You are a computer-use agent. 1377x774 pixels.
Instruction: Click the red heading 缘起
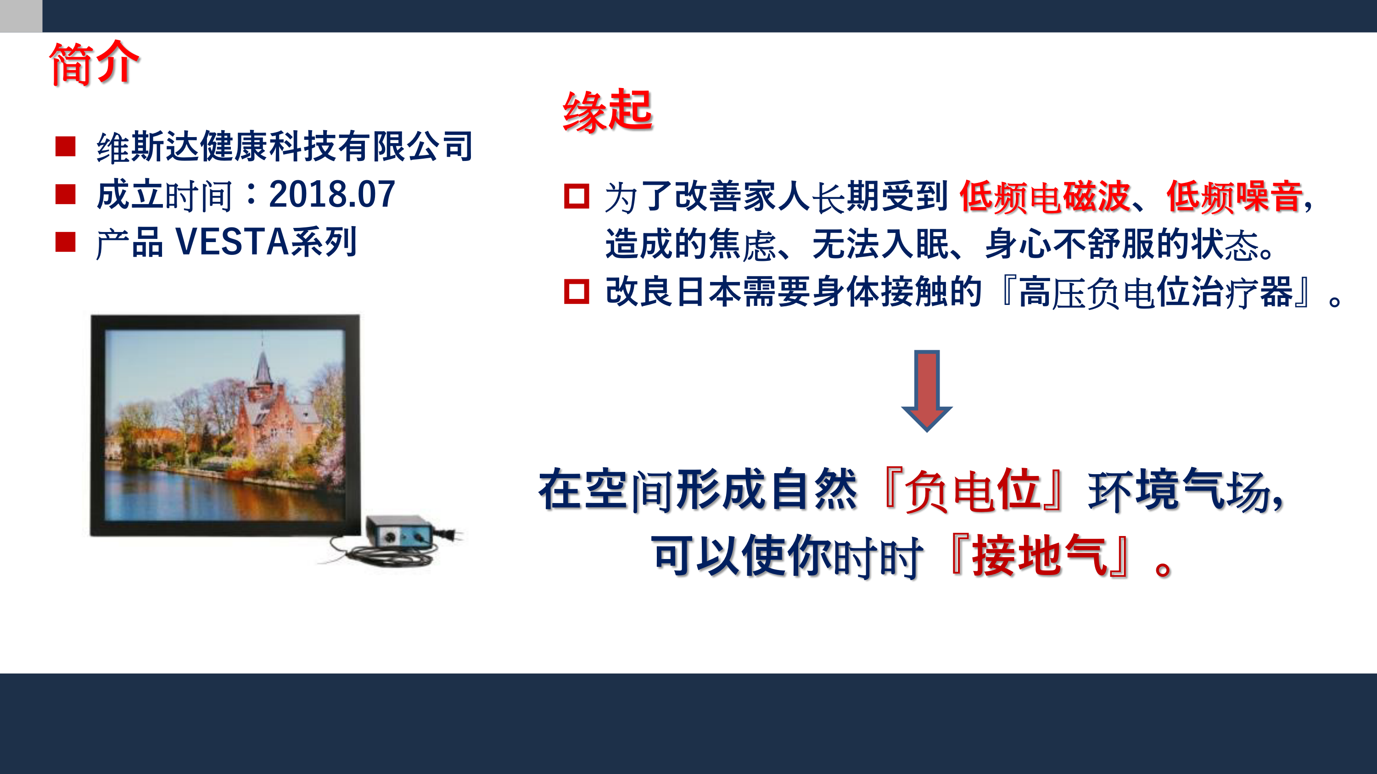point(607,111)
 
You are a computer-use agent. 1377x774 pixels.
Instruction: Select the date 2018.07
point(332,194)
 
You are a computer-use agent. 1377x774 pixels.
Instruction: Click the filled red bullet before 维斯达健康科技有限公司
point(65,146)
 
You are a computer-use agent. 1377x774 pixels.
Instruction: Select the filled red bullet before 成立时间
point(65,194)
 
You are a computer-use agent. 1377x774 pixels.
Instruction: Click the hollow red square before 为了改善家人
point(576,196)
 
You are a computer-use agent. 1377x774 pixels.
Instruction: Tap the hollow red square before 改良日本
point(576,292)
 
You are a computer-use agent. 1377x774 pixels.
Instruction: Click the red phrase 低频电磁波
point(1045,197)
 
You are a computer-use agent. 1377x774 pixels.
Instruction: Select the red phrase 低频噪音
point(1234,197)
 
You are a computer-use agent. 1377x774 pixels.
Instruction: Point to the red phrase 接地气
point(1040,556)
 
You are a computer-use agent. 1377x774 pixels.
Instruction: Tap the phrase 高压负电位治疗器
point(1156,292)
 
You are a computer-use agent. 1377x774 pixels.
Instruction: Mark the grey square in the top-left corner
point(21,16)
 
